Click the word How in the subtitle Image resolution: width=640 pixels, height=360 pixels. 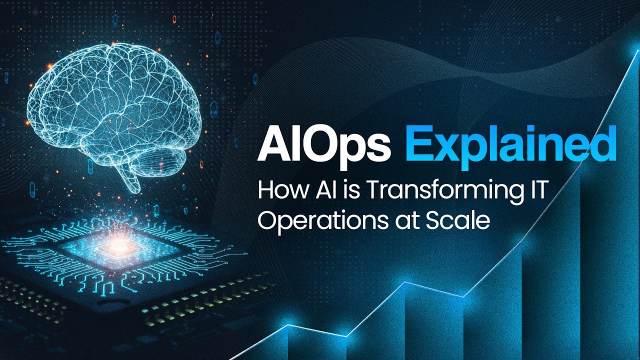tap(277, 192)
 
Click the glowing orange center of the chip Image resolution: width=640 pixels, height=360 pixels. tap(118, 245)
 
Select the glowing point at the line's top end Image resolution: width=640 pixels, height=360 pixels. tap(636, 50)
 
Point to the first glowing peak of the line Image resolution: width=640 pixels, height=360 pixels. tap(287, 325)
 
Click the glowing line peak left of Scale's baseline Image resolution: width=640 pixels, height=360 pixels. tap(404, 282)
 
